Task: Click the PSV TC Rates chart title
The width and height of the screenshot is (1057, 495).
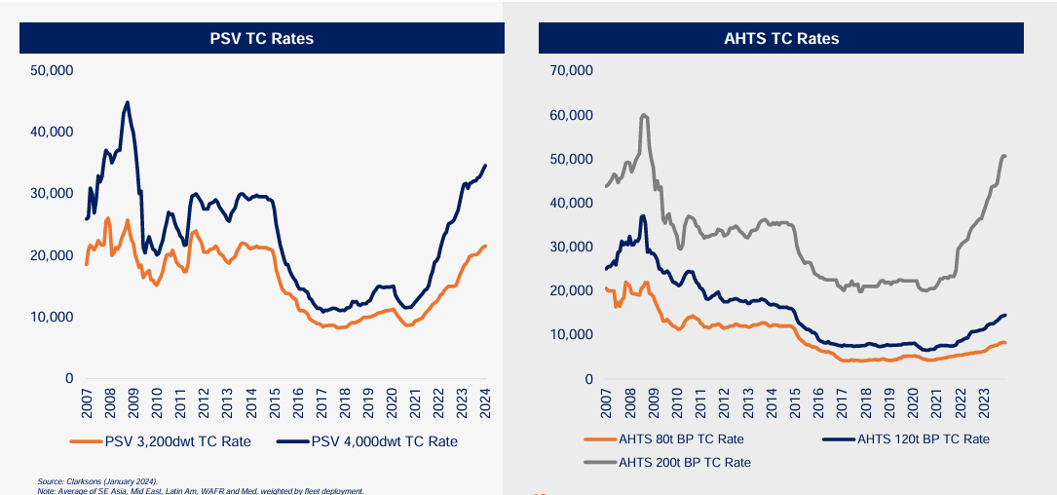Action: tap(261, 38)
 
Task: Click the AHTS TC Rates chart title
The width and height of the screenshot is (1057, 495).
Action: tap(781, 38)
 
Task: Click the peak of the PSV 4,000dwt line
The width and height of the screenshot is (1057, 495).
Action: tap(128, 102)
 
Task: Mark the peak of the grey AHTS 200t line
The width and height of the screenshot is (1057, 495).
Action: tap(643, 115)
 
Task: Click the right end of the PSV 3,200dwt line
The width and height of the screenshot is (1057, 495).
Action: tap(486, 246)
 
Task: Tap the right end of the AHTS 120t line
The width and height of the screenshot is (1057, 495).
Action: tap(1004, 315)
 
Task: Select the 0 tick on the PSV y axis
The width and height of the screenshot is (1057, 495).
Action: tap(68, 378)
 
